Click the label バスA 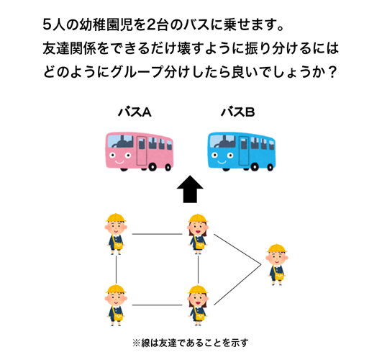135,112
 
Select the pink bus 135,149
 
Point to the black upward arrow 189,192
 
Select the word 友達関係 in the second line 73,50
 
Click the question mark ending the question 332,74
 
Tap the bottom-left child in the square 115,305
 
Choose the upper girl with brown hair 197,234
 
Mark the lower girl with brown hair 197,305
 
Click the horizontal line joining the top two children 156,234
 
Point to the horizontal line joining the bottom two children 156,305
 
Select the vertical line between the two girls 198,269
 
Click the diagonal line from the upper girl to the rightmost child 237,249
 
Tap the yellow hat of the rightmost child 276,250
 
